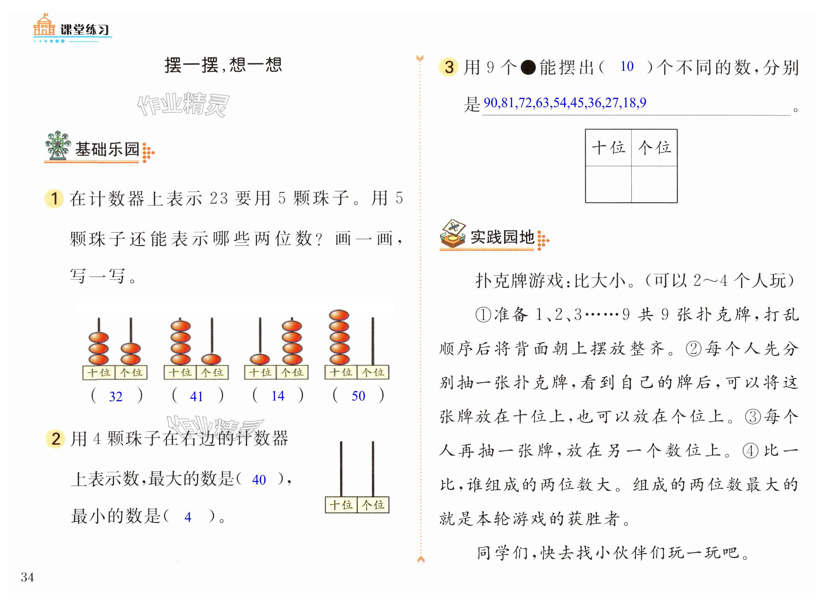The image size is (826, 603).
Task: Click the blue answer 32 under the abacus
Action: point(116,396)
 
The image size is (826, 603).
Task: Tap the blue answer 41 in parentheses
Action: point(196,396)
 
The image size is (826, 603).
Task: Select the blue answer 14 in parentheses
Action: point(278,396)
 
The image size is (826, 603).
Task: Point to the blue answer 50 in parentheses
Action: point(358,396)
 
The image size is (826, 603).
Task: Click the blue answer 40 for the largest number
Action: point(259,480)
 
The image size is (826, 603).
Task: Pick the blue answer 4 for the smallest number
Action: point(188,517)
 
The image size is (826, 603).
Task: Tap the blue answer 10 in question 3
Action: point(627,67)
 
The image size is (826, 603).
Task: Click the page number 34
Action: point(27,577)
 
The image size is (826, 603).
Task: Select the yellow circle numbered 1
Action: point(54,199)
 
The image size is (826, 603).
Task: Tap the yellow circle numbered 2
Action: point(55,438)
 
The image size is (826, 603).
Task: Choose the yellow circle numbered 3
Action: point(449,67)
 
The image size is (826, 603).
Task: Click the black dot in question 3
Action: point(528,68)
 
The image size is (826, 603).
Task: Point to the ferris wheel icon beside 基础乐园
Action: point(58,146)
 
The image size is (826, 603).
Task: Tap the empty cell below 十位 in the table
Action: point(608,184)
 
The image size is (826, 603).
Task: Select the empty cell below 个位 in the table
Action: point(654,184)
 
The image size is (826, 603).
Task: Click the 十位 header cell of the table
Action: point(608,148)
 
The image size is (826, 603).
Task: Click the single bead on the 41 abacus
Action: point(211,359)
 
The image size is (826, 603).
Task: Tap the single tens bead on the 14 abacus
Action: point(260,359)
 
